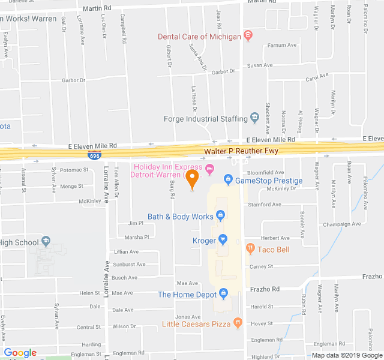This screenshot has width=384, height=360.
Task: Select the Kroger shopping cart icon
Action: (223, 240)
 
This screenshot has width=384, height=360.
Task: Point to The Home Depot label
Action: (187, 294)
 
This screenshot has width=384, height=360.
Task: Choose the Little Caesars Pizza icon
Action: (238, 323)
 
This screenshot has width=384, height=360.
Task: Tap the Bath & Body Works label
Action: (181, 216)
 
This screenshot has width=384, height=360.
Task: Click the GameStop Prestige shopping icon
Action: (228, 180)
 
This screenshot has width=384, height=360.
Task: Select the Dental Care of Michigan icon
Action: (247, 36)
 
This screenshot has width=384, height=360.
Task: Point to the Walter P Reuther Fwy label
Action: (241, 151)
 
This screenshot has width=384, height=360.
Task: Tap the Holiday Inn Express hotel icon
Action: (209, 167)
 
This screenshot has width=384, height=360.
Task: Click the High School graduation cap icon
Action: (46, 242)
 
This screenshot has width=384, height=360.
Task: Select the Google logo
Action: (20, 353)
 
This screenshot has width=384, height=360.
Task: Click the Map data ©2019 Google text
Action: (347, 355)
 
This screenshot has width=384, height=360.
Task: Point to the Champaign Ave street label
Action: (341, 224)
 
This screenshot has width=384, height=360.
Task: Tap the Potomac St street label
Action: (74, 170)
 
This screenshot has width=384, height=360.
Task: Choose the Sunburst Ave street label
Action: (128, 264)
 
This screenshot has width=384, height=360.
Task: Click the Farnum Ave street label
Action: (282, 45)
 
